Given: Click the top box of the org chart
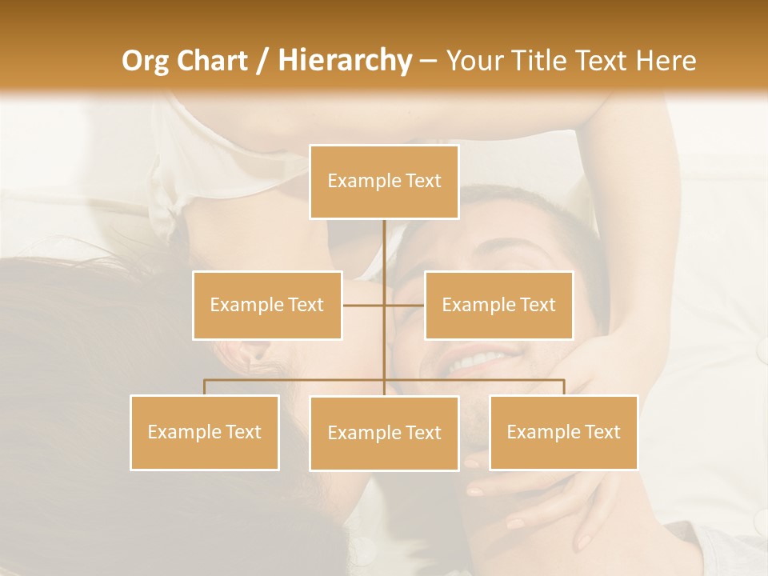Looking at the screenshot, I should pos(384,182).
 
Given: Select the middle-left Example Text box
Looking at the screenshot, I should pos(267,305).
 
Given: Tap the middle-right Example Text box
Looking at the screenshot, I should pos(498,305).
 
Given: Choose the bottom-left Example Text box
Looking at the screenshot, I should pos(205,432).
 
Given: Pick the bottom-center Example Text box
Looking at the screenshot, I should pos(384,433).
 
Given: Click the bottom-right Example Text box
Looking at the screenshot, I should pos(563,432).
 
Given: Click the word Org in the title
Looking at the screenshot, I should pos(146,61).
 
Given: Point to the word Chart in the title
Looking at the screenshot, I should pos(211,61).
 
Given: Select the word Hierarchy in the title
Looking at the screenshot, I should pos(345,61).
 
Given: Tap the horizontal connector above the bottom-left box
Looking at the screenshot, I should pos(240,379).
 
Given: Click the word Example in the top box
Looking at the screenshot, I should pos(357,182).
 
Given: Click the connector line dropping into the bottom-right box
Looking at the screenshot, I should pos(564,387).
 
